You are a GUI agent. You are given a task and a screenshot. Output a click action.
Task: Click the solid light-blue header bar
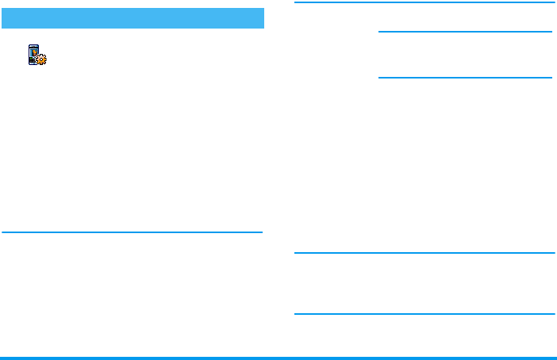click(x=133, y=18)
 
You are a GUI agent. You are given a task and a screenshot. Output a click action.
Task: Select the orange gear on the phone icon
click(x=42, y=59)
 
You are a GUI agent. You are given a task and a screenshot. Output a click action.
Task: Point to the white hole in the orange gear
click(x=42, y=59)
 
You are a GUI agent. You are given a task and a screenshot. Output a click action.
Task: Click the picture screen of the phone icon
click(x=34, y=52)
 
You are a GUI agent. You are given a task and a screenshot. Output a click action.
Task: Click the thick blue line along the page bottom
click(x=278, y=358)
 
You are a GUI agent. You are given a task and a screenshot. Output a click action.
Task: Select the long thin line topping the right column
click(x=424, y=3)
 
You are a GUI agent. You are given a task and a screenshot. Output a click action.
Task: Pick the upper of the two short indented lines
click(x=465, y=32)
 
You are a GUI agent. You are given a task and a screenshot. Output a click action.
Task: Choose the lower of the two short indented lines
click(x=465, y=78)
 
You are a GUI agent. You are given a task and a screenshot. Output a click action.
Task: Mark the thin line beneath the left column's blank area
click(x=133, y=232)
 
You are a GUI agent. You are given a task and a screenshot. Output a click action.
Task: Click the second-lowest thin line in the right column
click(x=424, y=254)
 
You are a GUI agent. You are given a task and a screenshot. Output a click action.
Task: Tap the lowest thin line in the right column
click(x=424, y=314)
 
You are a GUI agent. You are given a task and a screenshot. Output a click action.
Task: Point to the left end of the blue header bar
click(x=5, y=18)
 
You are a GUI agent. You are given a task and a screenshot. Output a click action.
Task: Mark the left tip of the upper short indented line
click(x=380, y=32)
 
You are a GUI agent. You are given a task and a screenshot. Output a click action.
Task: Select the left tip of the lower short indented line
click(x=380, y=78)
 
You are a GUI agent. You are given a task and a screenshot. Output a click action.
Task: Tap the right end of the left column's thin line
click(x=260, y=232)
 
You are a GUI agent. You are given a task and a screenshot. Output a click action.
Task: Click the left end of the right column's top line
click(x=296, y=3)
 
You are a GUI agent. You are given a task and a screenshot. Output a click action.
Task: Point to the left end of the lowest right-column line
click(x=296, y=314)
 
